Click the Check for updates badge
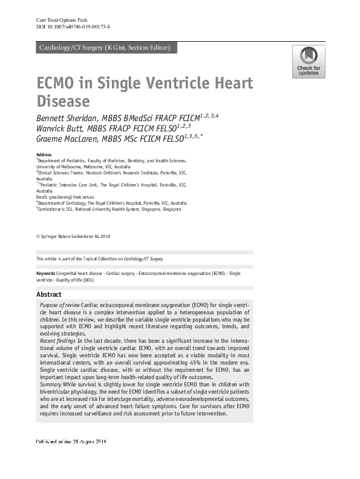[x=309, y=62]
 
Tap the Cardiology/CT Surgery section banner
[x=104, y=48]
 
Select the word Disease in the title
[x=64, y=101]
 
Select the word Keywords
[x=48, y=274]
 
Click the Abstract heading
[x=49, y=294]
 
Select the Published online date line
[x=71, y=460]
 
